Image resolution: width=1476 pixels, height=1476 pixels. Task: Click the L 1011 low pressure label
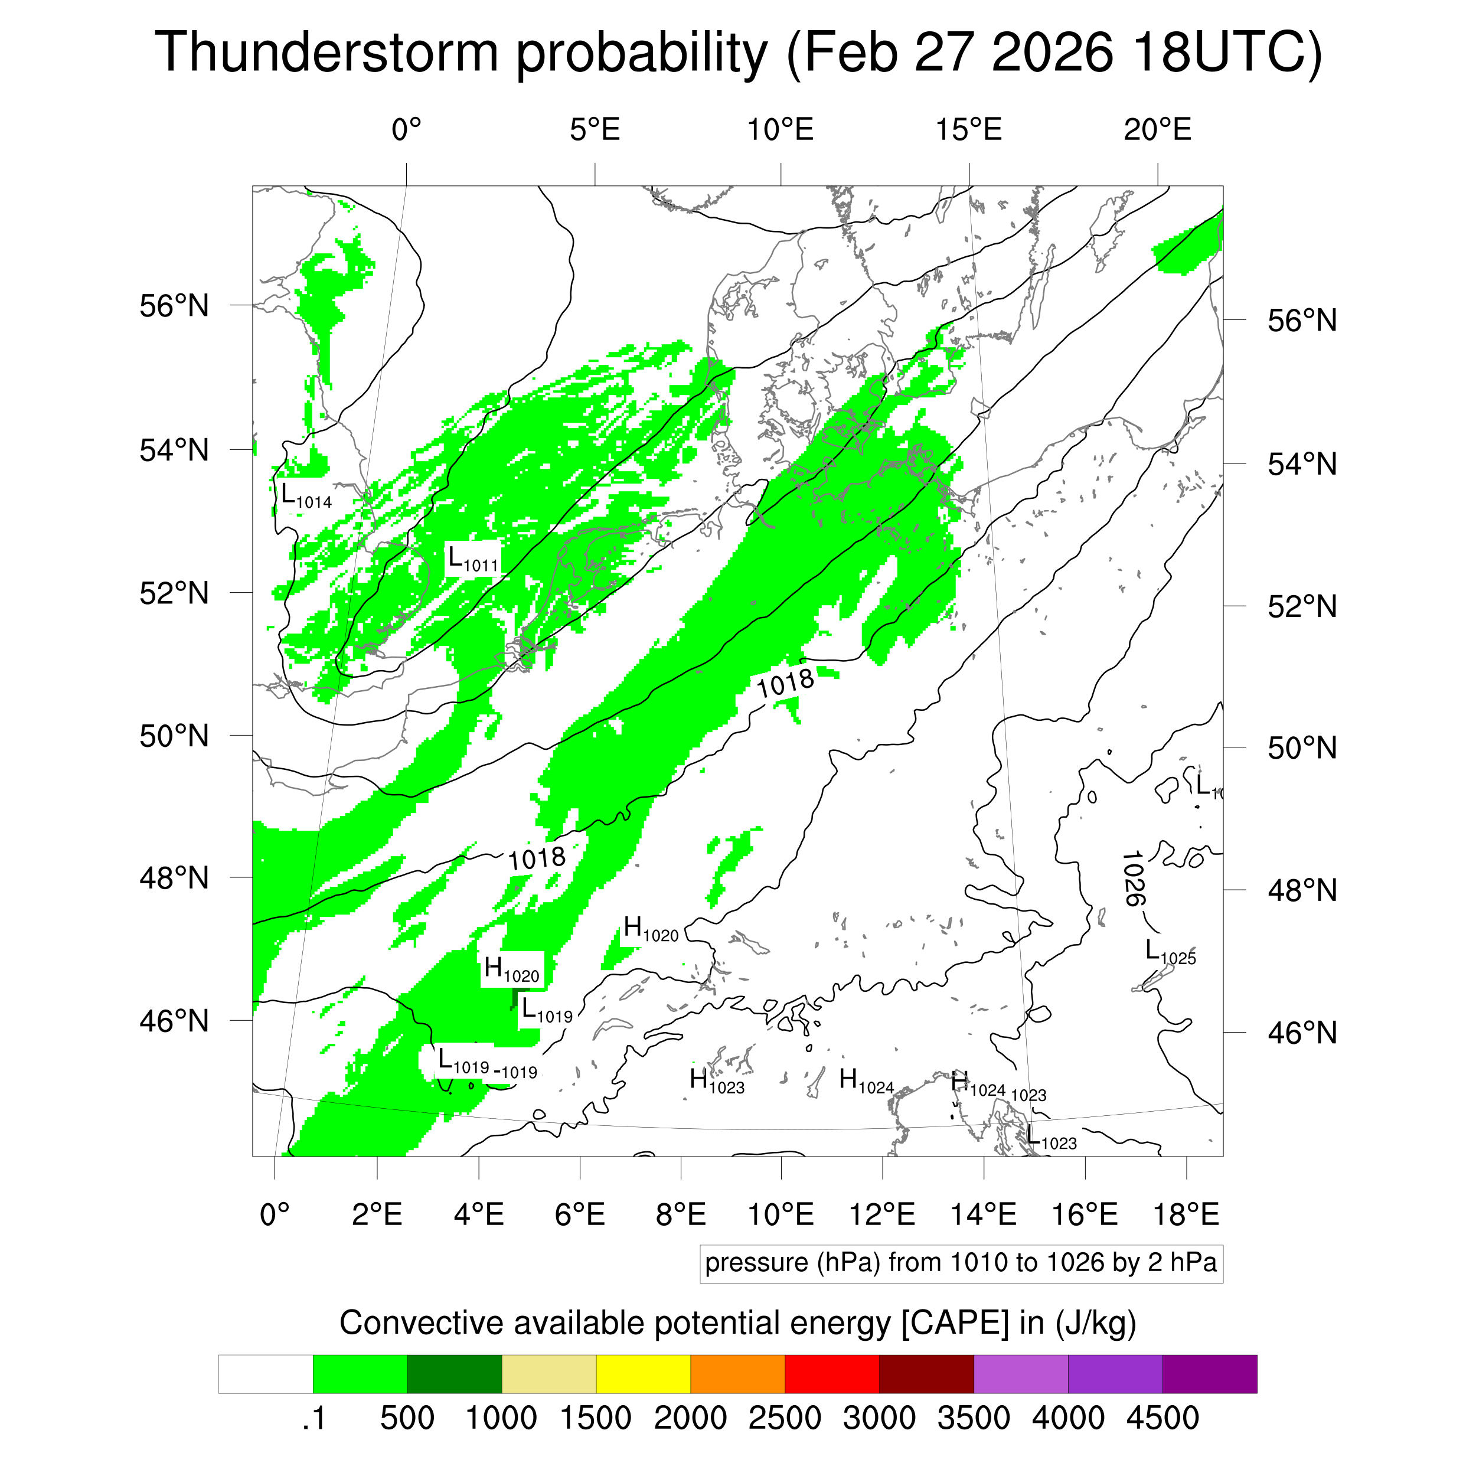click(472, 559)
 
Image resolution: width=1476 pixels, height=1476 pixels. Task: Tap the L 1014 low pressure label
click(306, 496)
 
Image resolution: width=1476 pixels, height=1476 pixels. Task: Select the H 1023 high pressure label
click(717, 1081)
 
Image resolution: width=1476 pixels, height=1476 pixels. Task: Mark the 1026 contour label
click(1133, 878)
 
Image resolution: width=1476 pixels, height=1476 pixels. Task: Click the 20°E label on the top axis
click(1157, 130)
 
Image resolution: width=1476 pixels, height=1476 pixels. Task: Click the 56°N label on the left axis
click(174, 306)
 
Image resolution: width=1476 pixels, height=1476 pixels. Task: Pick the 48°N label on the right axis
click(1302, 890)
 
